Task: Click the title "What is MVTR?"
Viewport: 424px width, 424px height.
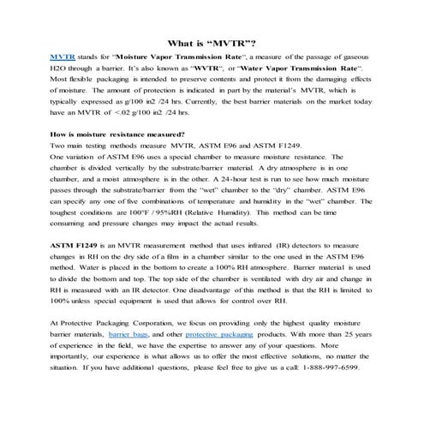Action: click(x=211, y=41)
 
